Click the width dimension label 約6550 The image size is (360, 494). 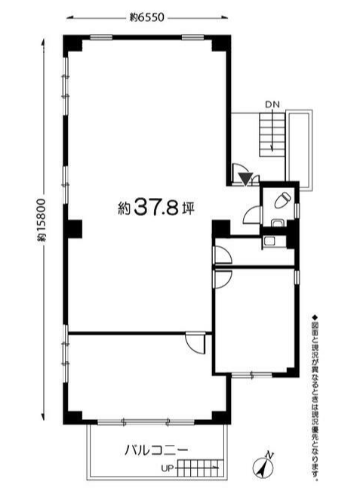coord(147,17)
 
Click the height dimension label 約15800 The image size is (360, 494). coord(42,220)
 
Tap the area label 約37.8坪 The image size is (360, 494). coord(156,208)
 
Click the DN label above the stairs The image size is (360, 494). coord(272,105)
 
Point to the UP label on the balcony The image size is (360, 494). coord(167,468)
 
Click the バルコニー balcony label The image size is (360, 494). coord(156,449)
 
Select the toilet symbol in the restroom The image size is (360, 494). coord(282,200)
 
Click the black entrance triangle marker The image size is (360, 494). coord(245,179)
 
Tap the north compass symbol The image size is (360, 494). coord(263,465)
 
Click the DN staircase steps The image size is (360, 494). coord(272,134)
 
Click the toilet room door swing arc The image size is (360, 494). coord(251,215)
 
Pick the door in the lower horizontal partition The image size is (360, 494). coord(195,342)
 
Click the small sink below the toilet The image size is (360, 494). coord(278,224)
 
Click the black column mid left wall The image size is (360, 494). coord(72,229)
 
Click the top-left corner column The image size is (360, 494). coord(72,44)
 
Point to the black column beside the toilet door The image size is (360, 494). coord(221,229)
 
